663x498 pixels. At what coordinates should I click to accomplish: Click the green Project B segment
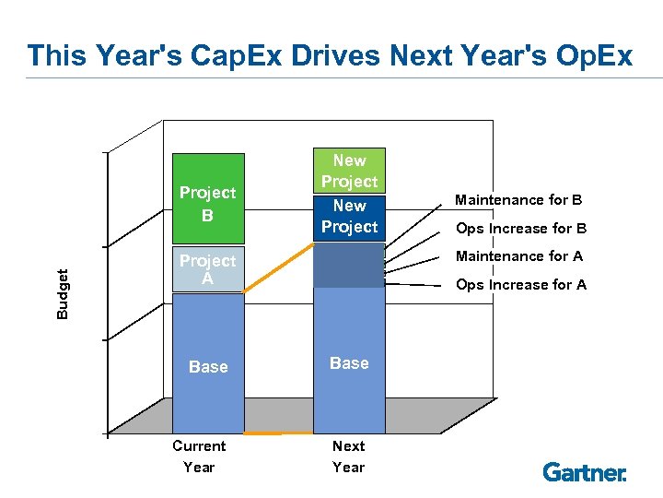207,203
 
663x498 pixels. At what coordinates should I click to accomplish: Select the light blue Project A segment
207,269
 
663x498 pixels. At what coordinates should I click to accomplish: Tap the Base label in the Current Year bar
207,367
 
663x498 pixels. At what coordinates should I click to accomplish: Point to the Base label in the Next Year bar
349,363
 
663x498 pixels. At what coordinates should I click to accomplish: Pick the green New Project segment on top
349,171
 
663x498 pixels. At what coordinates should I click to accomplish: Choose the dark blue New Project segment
349,217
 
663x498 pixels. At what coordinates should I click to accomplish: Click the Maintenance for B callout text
518,200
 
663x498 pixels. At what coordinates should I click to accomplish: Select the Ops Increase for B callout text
521,229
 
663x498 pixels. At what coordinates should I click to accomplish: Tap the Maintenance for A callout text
518,256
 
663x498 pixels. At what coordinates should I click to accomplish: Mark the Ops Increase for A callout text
521,285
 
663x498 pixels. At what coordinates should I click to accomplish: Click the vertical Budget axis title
63,293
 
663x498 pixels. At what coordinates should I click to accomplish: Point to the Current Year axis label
199,456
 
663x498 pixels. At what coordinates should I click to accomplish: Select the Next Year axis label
348,456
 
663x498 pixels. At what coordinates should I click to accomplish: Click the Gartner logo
585,472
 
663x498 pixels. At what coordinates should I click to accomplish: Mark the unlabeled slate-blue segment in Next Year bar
349,266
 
